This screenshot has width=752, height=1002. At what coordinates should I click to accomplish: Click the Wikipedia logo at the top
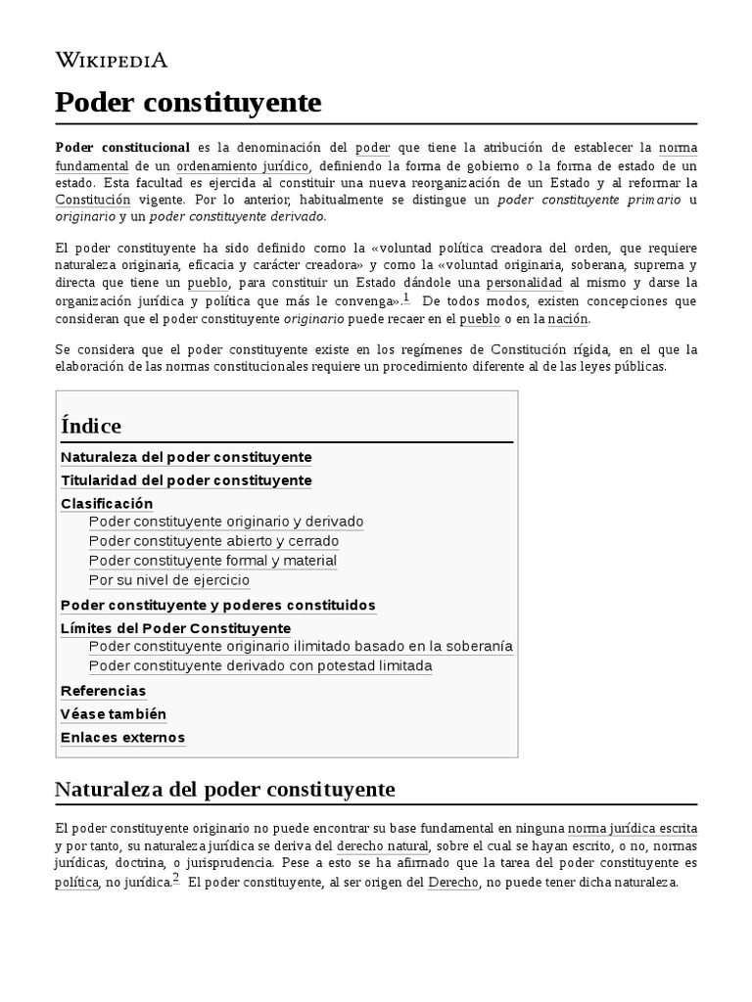tap(111, 61)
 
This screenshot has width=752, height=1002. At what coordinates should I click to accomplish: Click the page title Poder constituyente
tap(188, 102)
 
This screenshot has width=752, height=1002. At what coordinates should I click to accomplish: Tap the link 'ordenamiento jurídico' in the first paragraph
tap(243, 165)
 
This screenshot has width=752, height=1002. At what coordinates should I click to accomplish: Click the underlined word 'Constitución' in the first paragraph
tap(93, 199)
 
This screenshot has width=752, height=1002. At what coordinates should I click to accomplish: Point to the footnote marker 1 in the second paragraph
tap(406, 297)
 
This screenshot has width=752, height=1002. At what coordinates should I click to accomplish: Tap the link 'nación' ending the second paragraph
tap(568, 318)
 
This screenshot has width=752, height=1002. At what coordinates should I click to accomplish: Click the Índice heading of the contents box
tap(91, 426)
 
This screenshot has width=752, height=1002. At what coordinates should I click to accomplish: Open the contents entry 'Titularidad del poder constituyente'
tap(186, 480)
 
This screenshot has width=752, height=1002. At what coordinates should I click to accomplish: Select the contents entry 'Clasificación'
tap(107, 504)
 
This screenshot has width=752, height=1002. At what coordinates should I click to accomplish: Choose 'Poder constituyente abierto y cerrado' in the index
tap(213, 541)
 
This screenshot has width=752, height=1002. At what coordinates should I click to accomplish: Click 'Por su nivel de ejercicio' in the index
tap(169, 580)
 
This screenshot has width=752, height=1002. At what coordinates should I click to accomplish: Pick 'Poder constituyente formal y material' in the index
tap(212, 561)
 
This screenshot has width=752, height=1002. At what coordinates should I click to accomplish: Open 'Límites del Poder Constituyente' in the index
tap(175, 628)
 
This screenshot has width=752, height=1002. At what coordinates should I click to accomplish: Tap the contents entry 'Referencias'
tap(103, 691)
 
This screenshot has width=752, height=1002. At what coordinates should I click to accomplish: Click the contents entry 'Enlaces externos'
tap(122, 738)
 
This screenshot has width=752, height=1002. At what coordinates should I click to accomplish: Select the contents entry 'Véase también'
tap(114, 714)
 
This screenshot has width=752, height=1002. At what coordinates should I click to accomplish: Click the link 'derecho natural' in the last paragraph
tap(382, 845)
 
